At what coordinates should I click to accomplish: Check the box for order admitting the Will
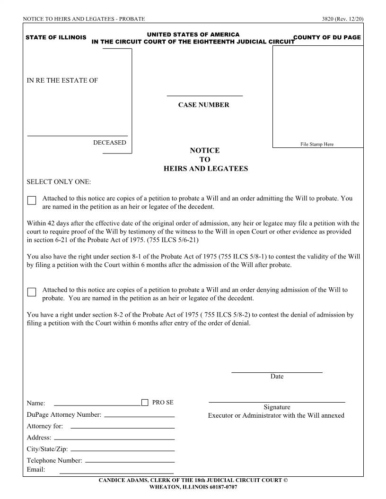tap(32, 200)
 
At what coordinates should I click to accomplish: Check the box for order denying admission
tap(32, 292)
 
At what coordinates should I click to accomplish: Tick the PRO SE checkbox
tap(145, 403)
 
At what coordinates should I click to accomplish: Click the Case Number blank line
tap(204, 95)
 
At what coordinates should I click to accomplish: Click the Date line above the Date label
tap(277, 371)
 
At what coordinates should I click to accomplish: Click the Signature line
tap(277, 402)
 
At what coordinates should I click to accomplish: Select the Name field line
tap(97, 404)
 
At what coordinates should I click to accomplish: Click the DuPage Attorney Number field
tap(139, 416)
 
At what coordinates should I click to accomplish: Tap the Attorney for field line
tap(122, 428)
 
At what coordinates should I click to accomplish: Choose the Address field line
tap(114, 439)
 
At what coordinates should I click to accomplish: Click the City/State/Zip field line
tap(122, 450)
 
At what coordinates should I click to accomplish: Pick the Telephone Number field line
tap(130, 462)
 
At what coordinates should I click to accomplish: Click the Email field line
tap(116, 472)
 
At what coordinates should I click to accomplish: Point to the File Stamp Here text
tap(317, 144)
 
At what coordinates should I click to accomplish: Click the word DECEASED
tap(110, 143)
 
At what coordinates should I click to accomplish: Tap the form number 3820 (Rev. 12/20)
tap(341, 19)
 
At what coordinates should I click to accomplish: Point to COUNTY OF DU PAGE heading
tap(327, 37)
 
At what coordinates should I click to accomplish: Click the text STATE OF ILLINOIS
tap(56, 37)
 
